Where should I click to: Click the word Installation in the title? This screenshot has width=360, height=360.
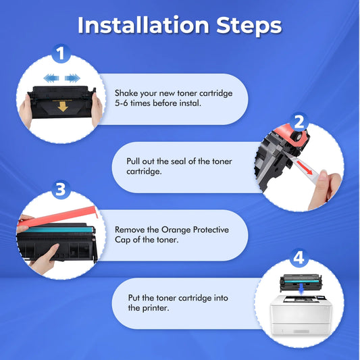click(143, 25)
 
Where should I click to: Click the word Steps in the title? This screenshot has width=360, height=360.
click(249, 26)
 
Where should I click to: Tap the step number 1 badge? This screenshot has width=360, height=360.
click(61, 53)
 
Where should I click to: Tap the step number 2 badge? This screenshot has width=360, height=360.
click(299, 122)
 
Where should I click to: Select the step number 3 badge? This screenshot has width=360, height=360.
click(61, 190)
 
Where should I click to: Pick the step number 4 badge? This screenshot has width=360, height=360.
click(299, 258)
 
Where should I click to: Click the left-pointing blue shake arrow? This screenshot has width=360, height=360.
click(51, 78)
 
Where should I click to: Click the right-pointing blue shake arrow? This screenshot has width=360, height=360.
click(72, 78)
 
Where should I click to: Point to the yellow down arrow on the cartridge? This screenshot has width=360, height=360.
click(63, 107)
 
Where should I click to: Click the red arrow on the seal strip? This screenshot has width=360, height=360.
click(305, 168)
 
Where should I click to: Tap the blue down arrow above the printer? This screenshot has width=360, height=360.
click(302, 289)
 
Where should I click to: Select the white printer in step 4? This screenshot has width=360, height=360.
click(301, 315)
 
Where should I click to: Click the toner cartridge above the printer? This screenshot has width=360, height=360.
click(301, 281)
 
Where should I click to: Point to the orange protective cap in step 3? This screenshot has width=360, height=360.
click(57, 217)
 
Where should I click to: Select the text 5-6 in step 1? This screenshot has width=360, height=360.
click(121, 103)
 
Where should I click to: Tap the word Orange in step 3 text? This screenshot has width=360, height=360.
click(176, 230)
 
